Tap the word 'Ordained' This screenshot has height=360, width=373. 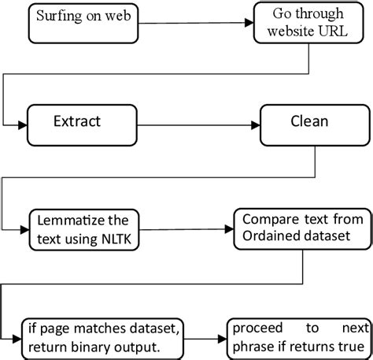(x=271, y=233)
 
